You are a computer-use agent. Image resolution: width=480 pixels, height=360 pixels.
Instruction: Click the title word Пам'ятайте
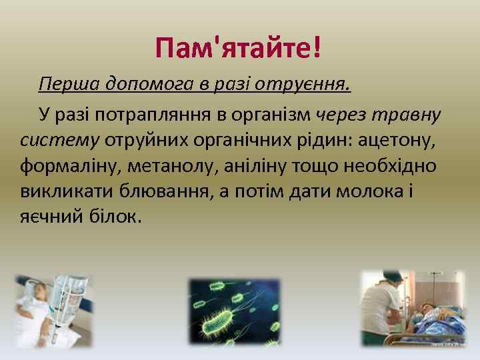232,48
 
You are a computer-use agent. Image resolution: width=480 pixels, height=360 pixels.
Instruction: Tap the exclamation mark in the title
316,48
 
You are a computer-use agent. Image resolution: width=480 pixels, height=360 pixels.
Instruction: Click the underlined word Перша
62,85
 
